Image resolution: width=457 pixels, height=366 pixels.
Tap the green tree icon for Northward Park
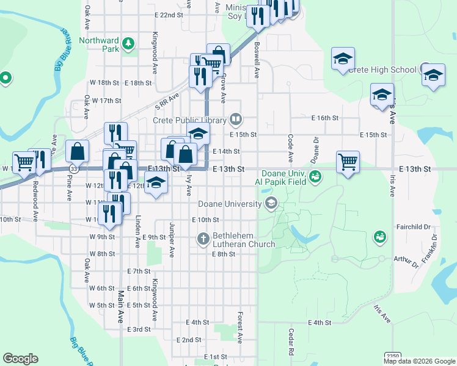tap(128, 43)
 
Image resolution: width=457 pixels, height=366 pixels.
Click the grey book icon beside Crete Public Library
tap(236, 119)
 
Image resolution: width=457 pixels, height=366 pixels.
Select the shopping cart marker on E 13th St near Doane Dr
tap(348, 162)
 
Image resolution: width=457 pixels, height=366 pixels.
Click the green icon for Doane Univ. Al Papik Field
tap(315, 177)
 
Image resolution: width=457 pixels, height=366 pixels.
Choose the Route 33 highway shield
tap(73, 168)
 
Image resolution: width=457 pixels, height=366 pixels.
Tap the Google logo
tap(21, 359)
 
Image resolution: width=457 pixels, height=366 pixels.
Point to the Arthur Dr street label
tap(406, 264)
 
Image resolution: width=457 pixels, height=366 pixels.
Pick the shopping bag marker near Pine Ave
tap(78, 150)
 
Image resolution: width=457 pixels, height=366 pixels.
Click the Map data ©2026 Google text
tap(419, 361)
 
